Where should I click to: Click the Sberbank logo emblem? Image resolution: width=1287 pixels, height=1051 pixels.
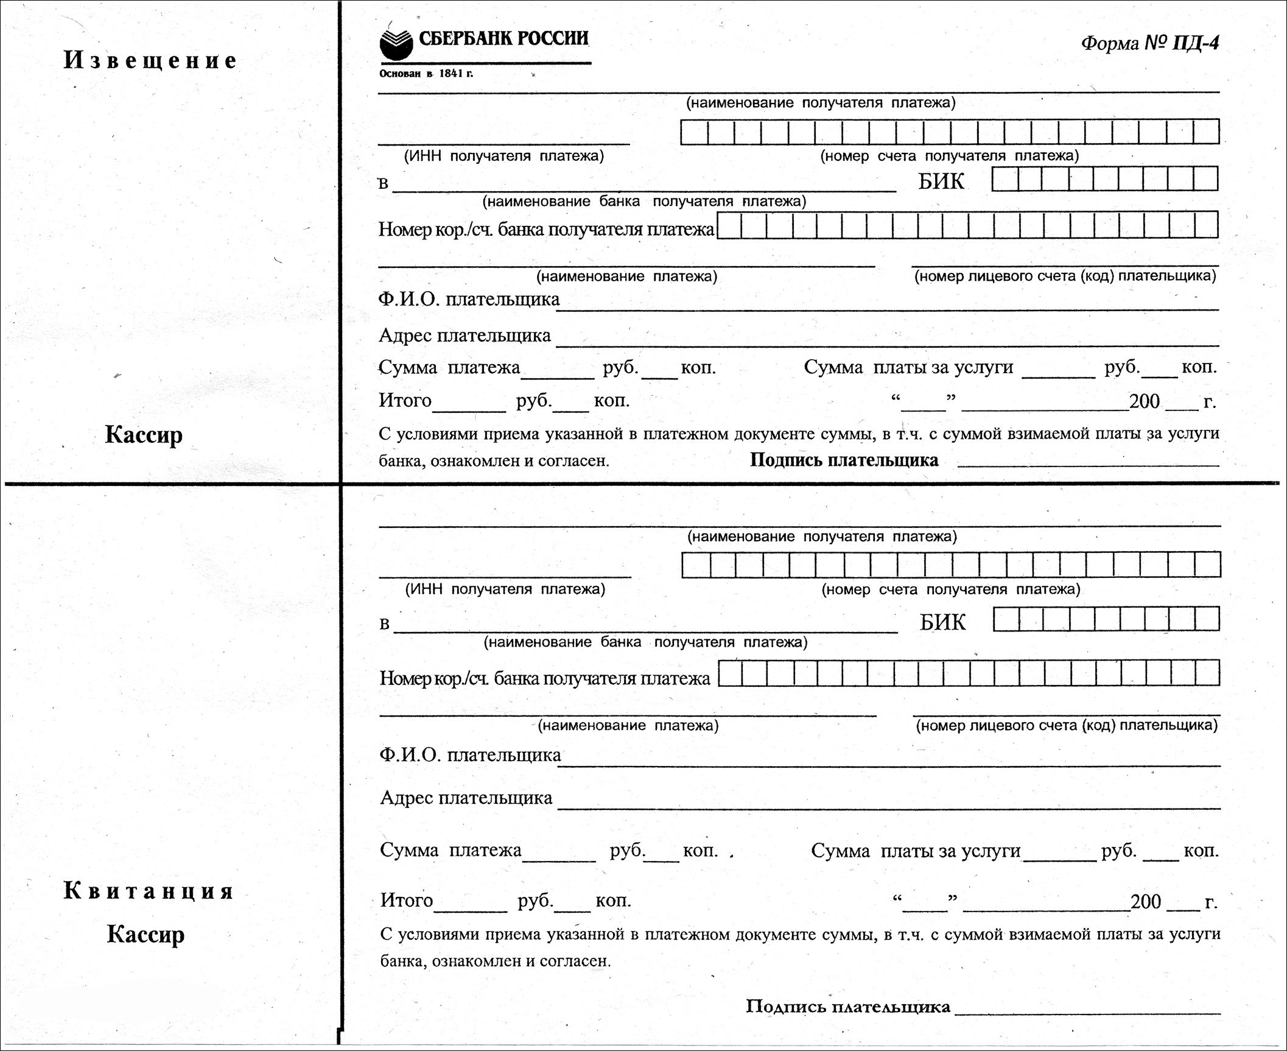tap(396, 44)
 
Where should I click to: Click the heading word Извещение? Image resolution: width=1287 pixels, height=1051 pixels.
tap(150, 60)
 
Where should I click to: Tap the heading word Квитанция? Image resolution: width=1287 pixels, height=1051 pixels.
tap(149, 891)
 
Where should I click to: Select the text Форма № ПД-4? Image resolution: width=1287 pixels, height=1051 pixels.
tap(1150, 43)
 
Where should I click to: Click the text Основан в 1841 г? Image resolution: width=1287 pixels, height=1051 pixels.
tap(426, 74)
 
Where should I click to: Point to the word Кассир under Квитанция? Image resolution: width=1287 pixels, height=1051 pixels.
tap(146, 934)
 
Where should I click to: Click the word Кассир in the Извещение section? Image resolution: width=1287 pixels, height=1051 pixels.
tap(144, 435)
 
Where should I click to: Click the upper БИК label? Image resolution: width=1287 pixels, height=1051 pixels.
tap(941, 181)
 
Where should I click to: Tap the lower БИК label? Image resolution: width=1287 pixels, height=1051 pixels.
tap(942, 622)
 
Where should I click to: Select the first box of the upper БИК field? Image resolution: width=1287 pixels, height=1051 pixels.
tap(1005, 179)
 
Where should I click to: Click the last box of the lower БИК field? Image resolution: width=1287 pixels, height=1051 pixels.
tap(1207, 619)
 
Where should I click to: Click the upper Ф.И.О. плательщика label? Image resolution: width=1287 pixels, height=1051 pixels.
tap(469, 299)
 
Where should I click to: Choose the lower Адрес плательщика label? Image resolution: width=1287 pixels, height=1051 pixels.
tap(466, 798)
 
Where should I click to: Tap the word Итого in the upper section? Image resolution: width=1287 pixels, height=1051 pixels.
tap(405, 401)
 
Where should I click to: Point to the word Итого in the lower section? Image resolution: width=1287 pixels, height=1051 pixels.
tap(407, 900)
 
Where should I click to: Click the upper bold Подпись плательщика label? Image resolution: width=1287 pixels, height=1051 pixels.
tap(844, 460)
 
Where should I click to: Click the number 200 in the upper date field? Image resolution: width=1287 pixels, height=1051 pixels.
tap(1145, 401)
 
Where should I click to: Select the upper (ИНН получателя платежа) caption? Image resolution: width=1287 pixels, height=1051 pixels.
tap(504, 156)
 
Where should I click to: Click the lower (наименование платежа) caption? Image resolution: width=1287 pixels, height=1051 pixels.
tap(629, 725)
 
